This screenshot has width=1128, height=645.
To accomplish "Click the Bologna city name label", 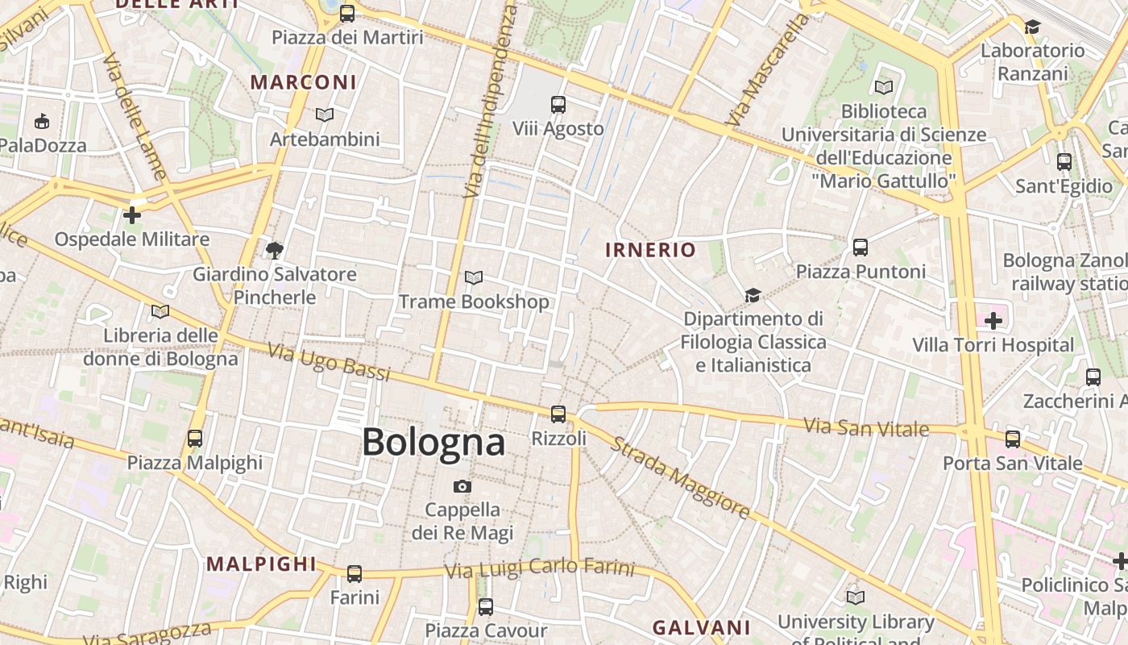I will pyautogui.click(x=433, y=442).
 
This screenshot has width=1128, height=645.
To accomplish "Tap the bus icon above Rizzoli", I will pyautogui.click(x=558, y=414).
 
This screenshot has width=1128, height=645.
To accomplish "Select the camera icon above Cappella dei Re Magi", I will pyautogui.click(x=462, y=486).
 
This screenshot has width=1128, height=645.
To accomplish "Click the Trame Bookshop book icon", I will pyautogui.click(x=474, y=278).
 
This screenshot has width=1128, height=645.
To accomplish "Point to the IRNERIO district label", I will pyautogui.click(x=650, y=250).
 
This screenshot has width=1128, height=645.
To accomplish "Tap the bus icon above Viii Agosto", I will pyautogui.click(x=558, y=105).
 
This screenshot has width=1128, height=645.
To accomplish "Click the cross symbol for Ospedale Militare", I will pyautogui.click(x=131, y=215).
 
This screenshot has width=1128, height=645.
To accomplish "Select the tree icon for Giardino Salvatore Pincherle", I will pyautogui.click(x=274, y=250).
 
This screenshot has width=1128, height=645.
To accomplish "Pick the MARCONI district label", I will pyautogui.click(x=303, y=82).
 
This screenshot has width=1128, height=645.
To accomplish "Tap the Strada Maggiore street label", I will pyautogui.click(x=679, y=476).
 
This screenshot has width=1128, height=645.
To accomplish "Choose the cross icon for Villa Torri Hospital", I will pyautogui.click(x=993, y=321).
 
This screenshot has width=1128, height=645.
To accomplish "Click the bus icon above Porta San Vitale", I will pyautogui.click(x=1012, y=439).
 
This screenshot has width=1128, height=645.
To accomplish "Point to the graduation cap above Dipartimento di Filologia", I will pyautogui.click(x=753, y=295).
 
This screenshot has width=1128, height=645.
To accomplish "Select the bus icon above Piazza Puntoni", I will pyautogui.click(x=861, y=248).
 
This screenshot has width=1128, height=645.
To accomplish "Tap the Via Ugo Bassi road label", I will pyautogui.click(x=329, y=363).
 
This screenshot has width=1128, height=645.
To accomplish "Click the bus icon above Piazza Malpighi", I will pyautogui.click(x=194, y=439).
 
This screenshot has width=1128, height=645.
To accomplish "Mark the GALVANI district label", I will pyautogui.click(x=701, y=627).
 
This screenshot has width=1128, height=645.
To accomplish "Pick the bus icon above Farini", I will pyautogui.click(x=354, y=574).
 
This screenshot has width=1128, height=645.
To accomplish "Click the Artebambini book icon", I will pyautogui.click(x=324, y=115).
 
